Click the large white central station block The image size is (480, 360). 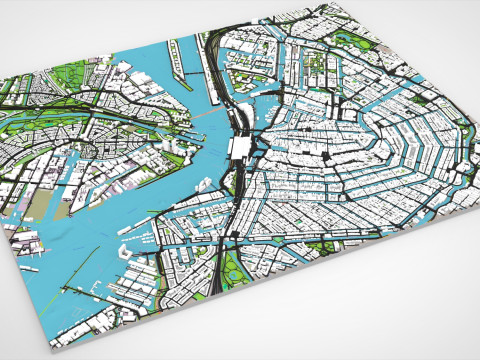241,148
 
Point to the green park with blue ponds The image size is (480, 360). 233,266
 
